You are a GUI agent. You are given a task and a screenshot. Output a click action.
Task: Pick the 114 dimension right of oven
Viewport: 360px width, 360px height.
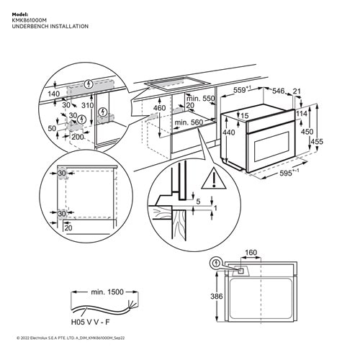click(301, 114)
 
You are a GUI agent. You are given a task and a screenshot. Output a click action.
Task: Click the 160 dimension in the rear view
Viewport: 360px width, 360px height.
click(250, 253)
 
